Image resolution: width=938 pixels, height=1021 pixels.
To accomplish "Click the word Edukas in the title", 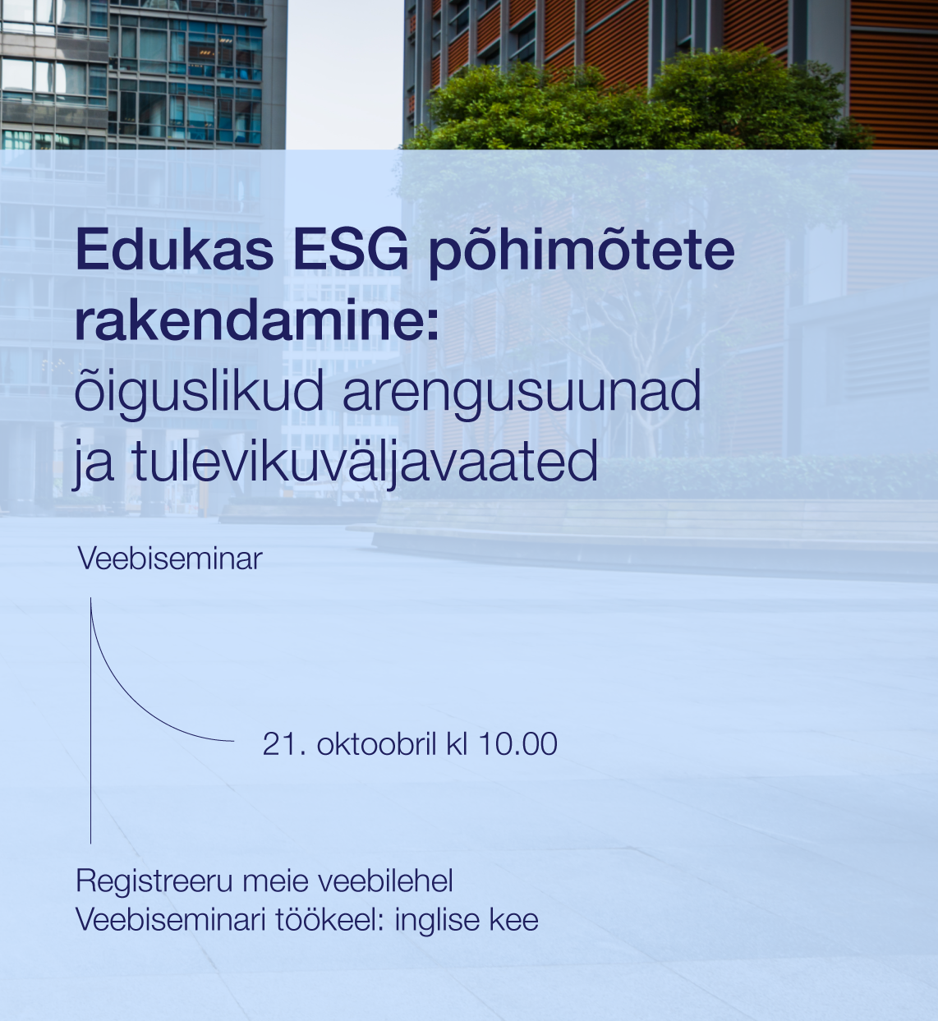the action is coord(175,250).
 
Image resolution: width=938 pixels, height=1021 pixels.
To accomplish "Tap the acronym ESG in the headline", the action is coord(352,250).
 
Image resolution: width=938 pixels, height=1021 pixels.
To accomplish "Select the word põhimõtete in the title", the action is coord(582,252).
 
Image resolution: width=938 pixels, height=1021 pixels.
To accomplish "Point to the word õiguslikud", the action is coord(199,392).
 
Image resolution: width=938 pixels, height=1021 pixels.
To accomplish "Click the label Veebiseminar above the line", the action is coord(170,559).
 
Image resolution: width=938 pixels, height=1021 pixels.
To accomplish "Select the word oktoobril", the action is coord(377,744).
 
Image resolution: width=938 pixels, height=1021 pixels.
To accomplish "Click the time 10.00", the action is coord(518,744).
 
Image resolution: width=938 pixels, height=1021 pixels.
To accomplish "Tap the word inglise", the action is coord(437,921).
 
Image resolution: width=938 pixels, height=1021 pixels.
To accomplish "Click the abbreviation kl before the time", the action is coord(457,744).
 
